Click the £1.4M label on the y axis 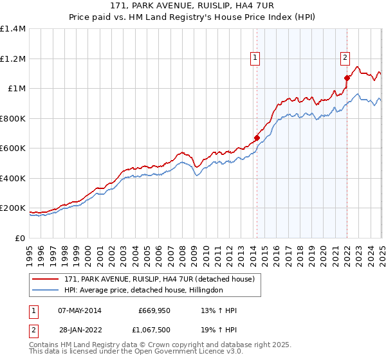pos(12,29)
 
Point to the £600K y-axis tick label pos(12,148)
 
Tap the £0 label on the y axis pos(20,238)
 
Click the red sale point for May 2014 pos(257,138)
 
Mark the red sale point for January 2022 pos(347,78)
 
